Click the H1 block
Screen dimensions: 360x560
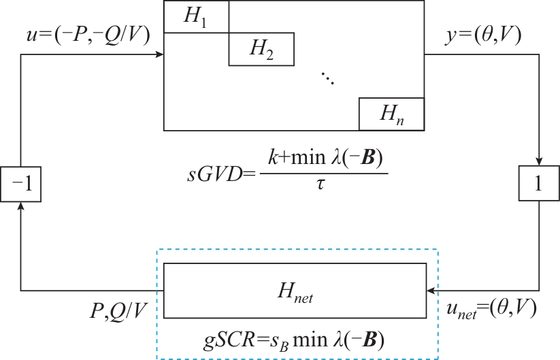pyautogui.click(x=196, y=17)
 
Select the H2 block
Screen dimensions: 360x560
pyautogui.click(x=261, y=49)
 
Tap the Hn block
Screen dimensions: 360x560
pyautogui.click(x=391, y=114)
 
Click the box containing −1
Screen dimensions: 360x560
pyautogui.click(x=21, y=184)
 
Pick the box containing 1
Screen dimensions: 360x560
pyautogui.click(x=539, y=184)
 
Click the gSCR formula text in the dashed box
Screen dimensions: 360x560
pyautogui.click(x=295, y=338)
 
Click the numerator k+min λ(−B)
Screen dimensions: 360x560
pyautogui.click(x=323, y=160)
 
